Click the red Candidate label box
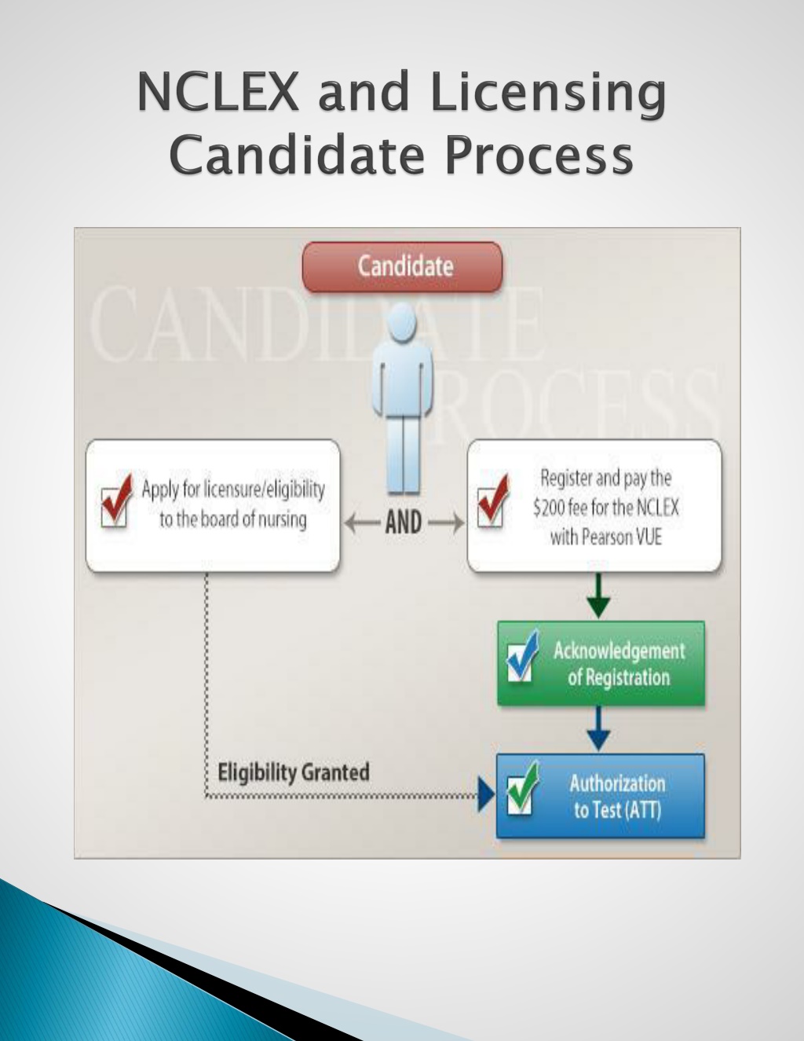[403, 267]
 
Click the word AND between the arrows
[404, 522]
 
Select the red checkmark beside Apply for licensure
[116, 500]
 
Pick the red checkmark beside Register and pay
[493, 500]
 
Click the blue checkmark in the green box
[522, 656]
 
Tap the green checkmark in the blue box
[523, 788]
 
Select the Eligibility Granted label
[294, 773]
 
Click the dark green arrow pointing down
[598, 596]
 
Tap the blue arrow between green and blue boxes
[598, 728]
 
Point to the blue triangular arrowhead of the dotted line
[486, 796]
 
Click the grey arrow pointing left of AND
[362, 522]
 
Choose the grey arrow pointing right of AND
[446, 522]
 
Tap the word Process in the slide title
[539, 156]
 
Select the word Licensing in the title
[548, 95]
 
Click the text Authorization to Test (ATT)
[617, 797]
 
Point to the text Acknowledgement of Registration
[619, 664]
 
